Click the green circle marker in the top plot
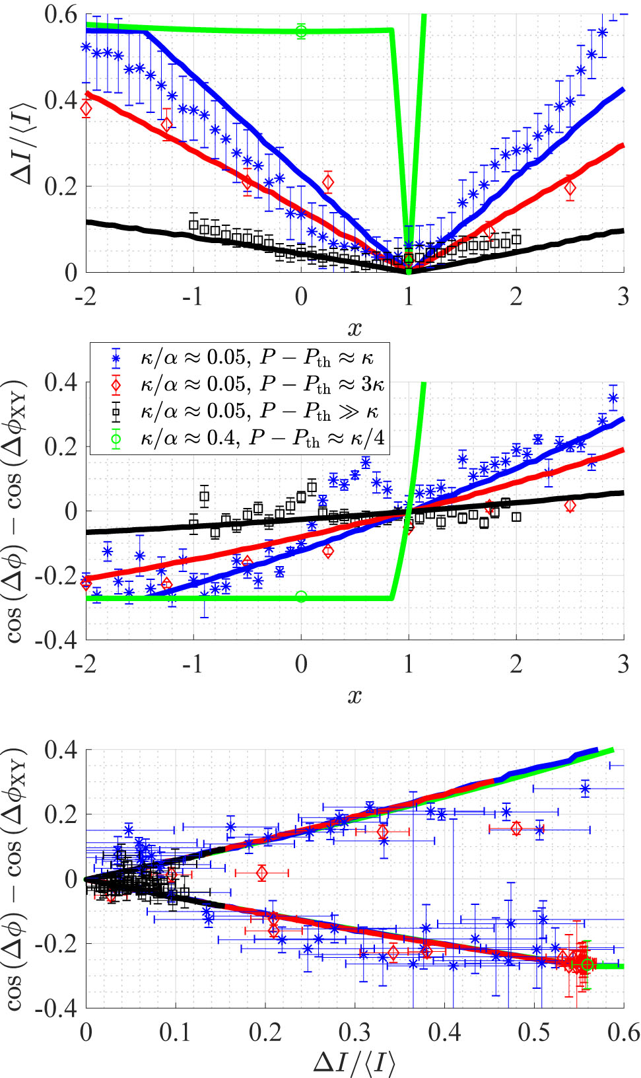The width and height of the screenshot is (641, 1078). click(301, 31)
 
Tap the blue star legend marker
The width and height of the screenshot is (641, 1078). click(116, 359)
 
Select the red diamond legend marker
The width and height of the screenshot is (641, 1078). click(116, 384)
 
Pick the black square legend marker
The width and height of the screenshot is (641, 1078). click(116, 412)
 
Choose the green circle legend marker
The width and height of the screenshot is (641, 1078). click(116, 438)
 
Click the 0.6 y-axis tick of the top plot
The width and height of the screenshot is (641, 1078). click(61, 15)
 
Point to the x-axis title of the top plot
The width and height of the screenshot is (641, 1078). click(354, 328)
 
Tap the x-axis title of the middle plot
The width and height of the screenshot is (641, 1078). click(354, 696)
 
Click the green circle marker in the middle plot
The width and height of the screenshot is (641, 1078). click(301, 596)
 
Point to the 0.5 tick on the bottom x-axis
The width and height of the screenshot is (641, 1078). click(534, 1032)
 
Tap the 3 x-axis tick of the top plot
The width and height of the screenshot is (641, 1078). click(623, 297)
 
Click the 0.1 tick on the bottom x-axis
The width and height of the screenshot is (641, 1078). click(176, 1032)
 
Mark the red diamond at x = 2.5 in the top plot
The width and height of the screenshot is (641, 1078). click(570, 188)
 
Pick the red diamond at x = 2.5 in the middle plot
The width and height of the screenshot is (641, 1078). click(570, 505)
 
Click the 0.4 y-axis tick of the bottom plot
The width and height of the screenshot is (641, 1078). click(61, 750)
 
